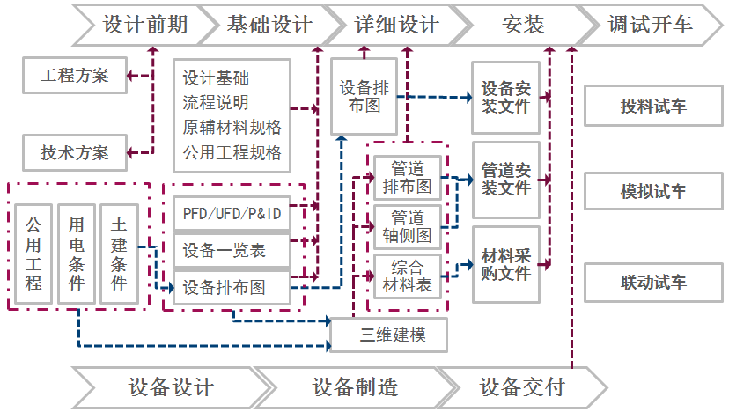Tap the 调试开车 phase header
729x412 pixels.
point(650,25)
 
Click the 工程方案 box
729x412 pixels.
point(75,76)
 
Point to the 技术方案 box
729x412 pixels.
point(75,152)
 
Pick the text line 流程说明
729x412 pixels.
point(216,103)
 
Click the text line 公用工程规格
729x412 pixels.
point(232,152)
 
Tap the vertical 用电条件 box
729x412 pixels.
point(77,254)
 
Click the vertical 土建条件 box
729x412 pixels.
point(119,254)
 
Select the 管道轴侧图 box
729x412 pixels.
point(407,226)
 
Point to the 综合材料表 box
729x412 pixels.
point(407,276)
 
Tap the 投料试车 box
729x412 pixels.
point(653,107)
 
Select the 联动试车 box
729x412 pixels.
point(653,283)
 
